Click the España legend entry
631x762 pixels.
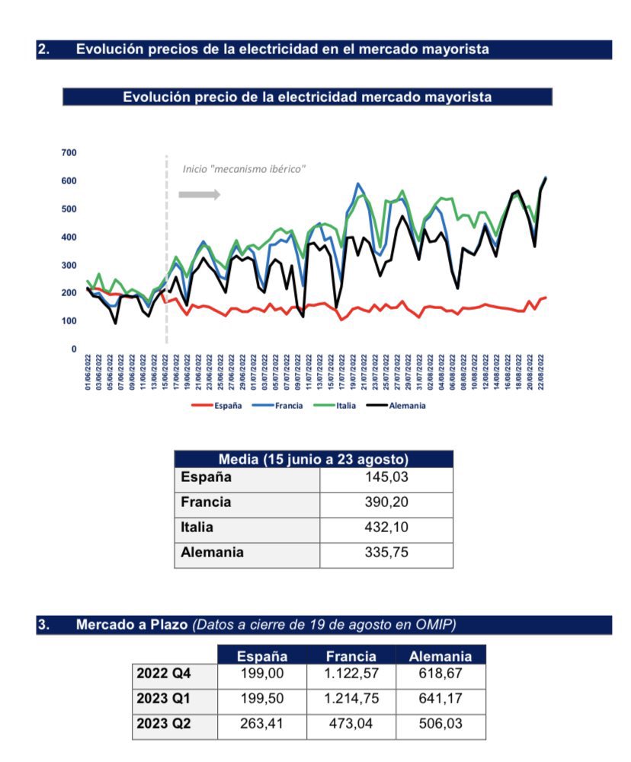(x=226, y=406)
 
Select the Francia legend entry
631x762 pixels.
(x=287, y=406)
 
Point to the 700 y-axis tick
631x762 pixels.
(x=69, y=153)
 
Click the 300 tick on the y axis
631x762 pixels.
(x=69, y=265)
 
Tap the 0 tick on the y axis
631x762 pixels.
(x=73, y=349)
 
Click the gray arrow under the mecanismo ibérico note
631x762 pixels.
(x=199, y=195)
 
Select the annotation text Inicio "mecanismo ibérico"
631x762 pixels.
(x=244, y=169)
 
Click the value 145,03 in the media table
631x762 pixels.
(x=386, y=477)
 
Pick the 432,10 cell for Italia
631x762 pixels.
(x=386, y=527)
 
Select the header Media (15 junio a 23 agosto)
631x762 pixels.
(x=313, y=459)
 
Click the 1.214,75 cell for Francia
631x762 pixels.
(x=351, y=699)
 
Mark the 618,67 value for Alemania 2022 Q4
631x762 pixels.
(x=440, y=674)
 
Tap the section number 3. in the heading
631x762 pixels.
(x=43, y=626)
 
